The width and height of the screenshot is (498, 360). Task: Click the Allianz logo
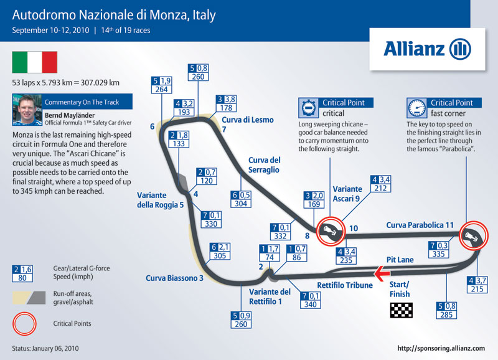click(427, 49)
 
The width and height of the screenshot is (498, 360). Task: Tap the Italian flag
click(35, 62)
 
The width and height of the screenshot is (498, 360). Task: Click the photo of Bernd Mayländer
click(27, 110)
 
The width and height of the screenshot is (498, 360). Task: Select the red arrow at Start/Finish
click(382, 273)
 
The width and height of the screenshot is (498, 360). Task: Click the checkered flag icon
click(401, 310)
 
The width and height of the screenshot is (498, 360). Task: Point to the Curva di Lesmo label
click(248, 120)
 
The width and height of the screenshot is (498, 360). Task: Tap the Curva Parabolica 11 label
click(420, 225)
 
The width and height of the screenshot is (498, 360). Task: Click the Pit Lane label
click(400, 260)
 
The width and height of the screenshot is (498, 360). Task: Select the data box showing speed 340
click(310, 300)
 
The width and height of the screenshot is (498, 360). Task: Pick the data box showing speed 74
click(270, 253)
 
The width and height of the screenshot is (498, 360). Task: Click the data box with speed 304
click(241, 199)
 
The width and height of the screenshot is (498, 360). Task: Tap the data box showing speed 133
click(179, 139)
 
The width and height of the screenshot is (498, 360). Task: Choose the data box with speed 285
click(446, 310)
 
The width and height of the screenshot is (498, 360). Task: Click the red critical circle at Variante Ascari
click(331, 217)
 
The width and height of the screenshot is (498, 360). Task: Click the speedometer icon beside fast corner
click(416, 108)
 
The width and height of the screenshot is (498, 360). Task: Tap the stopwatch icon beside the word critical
click(308, 108)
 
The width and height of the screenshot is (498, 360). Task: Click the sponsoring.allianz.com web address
click(441, 348)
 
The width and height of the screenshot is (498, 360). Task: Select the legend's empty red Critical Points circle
click(24, 313)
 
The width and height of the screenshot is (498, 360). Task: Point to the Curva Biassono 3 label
click(174, 278)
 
